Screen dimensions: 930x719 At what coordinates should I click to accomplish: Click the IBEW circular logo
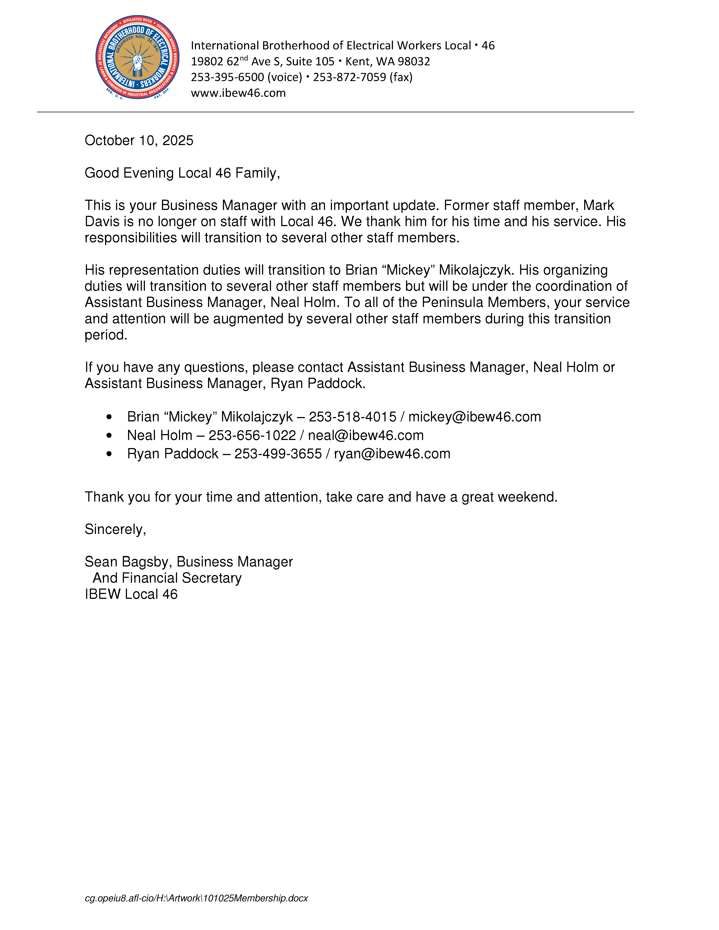[x=137, y=57]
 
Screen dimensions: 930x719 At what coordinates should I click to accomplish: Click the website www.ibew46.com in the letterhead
[x=238, y=93]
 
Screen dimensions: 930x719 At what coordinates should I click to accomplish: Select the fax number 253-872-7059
[x=349, y=77]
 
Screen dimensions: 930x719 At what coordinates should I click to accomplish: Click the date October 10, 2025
[x=139, y=140]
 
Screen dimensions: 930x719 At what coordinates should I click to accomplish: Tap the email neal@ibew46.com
[x=365, y=435]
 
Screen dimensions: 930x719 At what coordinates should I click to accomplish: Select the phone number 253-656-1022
[x=252, y=435]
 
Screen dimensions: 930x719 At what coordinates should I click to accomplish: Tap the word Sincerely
[x=115, y=529]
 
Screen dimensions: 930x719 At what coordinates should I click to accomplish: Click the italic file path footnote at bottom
[x=196, y=898]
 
